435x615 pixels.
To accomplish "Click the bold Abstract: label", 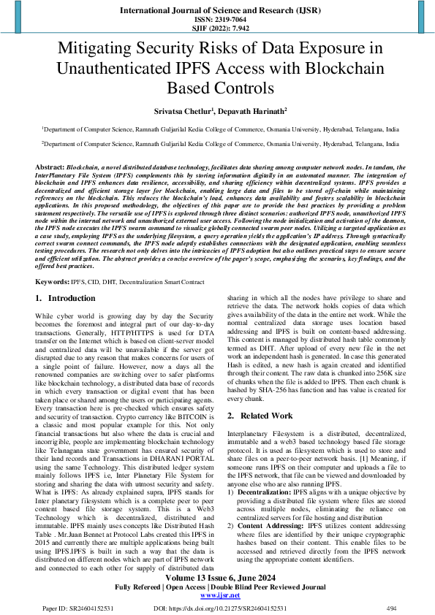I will [50, 167].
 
